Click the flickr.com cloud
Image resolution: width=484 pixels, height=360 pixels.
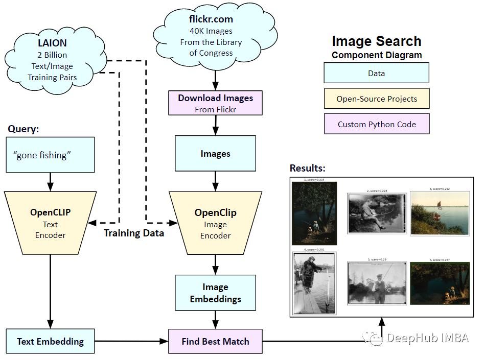pos(211,36)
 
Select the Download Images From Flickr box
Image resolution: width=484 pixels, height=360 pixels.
pos(215,103)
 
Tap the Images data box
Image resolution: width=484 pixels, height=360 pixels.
pos(215,153)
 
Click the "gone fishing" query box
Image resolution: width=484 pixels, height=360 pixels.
pos(51,155)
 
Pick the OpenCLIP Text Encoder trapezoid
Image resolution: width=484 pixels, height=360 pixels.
pos(51,223)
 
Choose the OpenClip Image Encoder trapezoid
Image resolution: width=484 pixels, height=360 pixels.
pos(215,223)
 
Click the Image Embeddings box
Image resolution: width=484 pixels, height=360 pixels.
pos(215,293)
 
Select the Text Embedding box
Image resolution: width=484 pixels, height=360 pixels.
pos(50,341)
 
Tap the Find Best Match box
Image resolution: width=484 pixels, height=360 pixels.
pos(215,341)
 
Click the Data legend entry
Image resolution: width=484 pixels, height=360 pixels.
pos(376,73)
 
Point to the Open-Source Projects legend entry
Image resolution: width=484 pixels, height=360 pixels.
pos(376,99)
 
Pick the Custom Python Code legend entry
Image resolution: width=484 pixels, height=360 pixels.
pos(376,124)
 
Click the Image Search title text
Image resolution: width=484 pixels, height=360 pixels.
pos(377,41)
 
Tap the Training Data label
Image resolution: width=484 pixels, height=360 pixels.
pos(134,233)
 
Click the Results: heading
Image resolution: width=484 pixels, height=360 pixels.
pos(308,168)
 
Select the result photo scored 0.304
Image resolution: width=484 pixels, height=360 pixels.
pos(314,213)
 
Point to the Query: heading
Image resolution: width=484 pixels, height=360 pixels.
pos(24,129)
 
